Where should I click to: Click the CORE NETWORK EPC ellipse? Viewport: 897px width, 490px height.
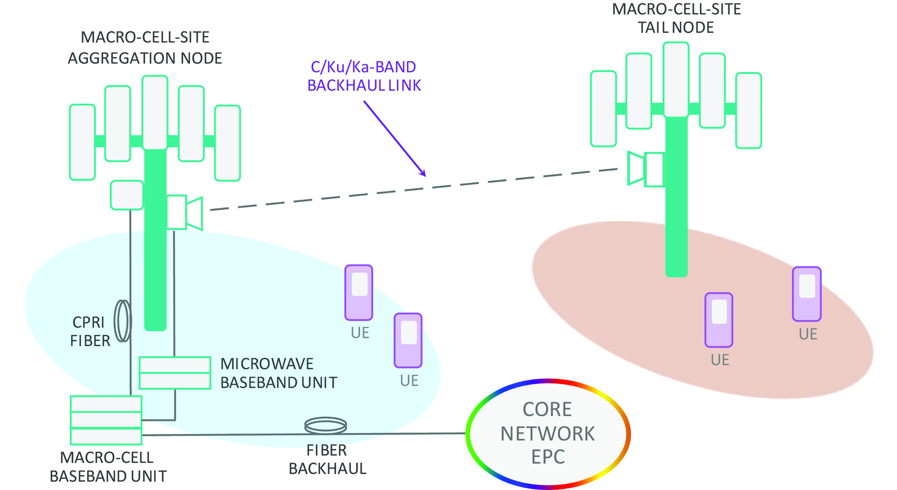tap(548, 433)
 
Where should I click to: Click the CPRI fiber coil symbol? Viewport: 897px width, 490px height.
tap(123, 321)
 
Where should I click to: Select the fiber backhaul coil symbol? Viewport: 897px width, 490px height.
tap(326, 426)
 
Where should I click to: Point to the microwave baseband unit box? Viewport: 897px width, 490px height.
tap(175, 373)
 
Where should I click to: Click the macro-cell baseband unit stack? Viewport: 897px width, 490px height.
tap(106, 420)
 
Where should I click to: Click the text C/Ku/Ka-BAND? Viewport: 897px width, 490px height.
tap(363, 67)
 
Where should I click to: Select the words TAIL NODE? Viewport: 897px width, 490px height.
tap(676, 28)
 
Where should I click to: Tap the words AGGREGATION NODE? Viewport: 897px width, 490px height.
tap(145, 58)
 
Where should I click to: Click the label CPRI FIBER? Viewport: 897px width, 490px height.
tap(90, 332)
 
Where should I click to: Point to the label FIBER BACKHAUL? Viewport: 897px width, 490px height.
tap(327, 460)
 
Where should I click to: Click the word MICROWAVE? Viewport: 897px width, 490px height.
tap(267, 364)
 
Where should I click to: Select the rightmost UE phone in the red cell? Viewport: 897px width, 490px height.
tap(807, 294)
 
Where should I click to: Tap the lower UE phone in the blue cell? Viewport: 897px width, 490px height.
tap(408, 341)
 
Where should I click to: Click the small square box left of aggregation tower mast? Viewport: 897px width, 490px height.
tap(127, 195)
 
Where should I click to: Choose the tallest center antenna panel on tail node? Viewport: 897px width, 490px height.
tap(676, 79)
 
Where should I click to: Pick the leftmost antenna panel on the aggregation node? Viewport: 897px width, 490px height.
tap(82, 142)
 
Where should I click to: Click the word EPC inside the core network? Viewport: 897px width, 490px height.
tap(548, 457)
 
